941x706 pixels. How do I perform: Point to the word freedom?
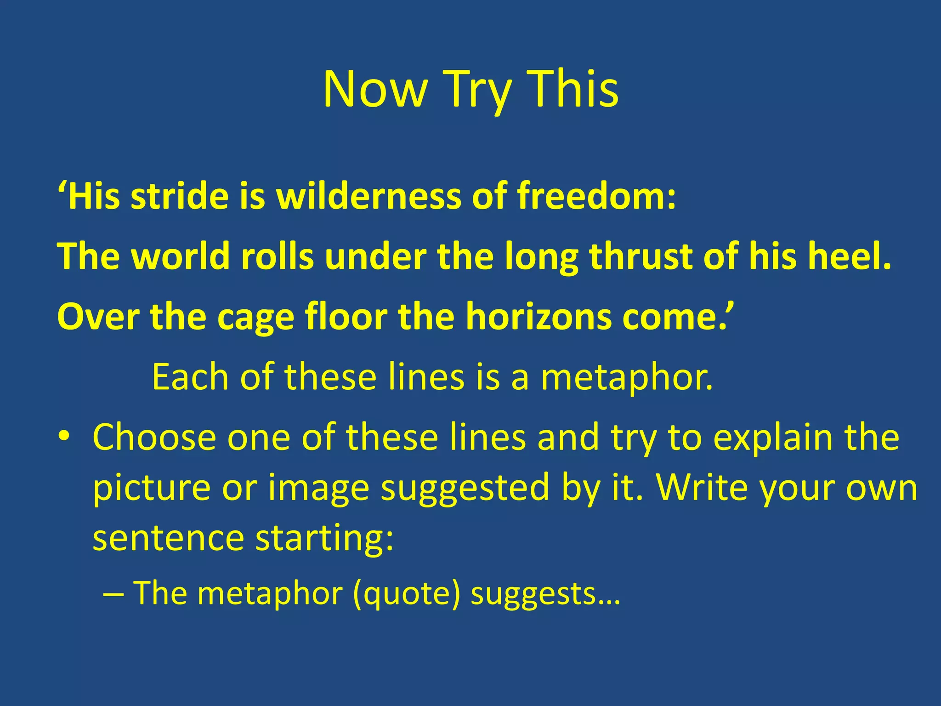596,196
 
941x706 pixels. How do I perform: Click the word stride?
179,196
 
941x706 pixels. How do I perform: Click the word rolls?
278,256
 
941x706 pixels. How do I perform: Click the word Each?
190,377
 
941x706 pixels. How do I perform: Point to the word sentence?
168,538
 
